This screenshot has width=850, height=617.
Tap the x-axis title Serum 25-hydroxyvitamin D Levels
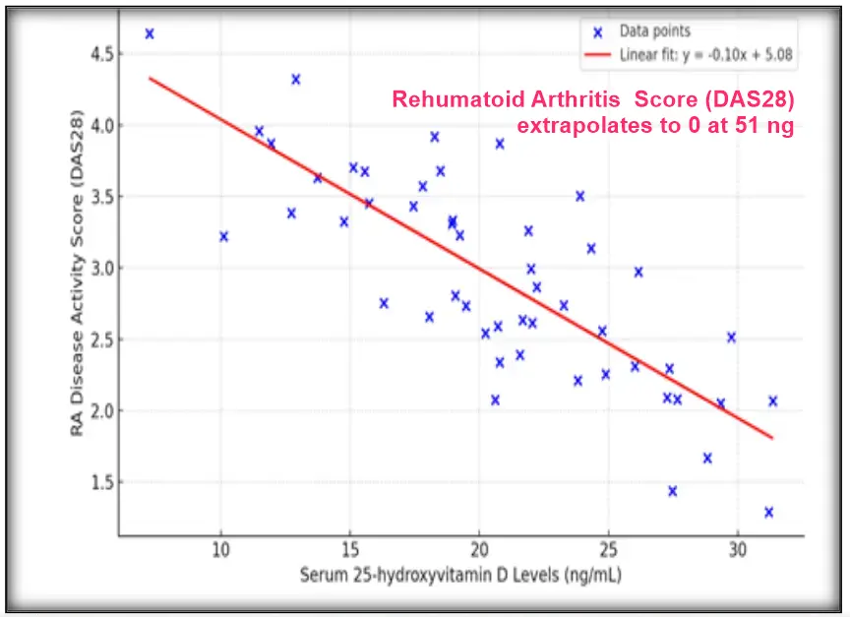[x=460, y=575]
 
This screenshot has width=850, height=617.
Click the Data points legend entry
[x=654, y=31]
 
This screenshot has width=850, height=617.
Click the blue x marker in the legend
[x=597, y=31]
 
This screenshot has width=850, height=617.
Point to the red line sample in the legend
[x=597, y=55]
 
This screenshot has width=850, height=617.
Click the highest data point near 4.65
[x=150, y=33]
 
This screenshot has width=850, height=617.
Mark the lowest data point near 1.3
[x=768, y=512]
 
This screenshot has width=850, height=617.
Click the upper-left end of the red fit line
[x=151, y=78]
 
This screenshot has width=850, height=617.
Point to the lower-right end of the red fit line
[x=773, y=438]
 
